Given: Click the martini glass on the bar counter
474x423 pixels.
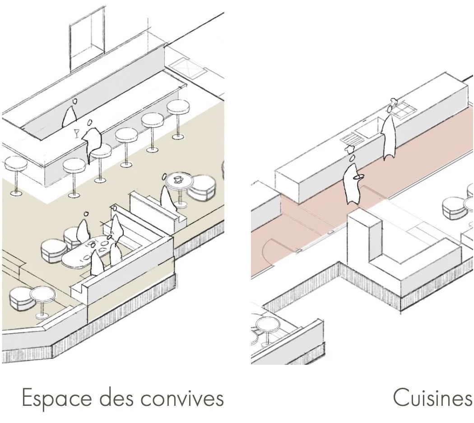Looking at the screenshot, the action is pos(77,133).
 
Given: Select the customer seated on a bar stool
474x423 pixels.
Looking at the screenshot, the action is pos(93,140).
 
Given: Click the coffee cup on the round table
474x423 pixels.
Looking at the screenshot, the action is pos(178,179).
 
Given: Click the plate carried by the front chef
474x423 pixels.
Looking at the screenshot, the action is pos(358,177).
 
